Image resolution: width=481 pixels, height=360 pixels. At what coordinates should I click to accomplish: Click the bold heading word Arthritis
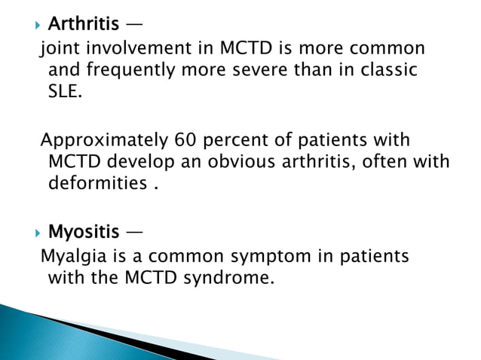[83, 25]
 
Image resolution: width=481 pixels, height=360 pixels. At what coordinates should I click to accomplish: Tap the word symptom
[259, 257]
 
